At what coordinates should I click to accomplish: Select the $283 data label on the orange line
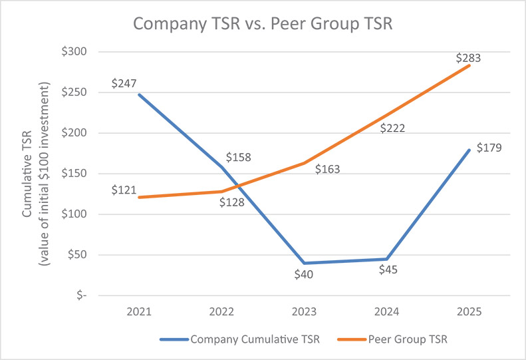tap(469, 58)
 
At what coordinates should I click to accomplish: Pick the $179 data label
tap(489, 148)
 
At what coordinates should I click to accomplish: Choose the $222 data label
tap(394, 128)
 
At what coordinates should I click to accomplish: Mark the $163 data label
tap(327, 169)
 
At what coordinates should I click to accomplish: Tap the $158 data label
tap(239, 158)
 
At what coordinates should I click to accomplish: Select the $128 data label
tap(233, 202)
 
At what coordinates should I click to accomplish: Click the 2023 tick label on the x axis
tap(304, 311)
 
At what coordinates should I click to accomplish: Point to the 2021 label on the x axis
tap(140, 311)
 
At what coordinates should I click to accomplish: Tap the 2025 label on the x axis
tap(469, 311)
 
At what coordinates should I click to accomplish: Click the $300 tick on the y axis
tap(86, 52)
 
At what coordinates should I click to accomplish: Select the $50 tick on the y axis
tap(88, 255)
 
